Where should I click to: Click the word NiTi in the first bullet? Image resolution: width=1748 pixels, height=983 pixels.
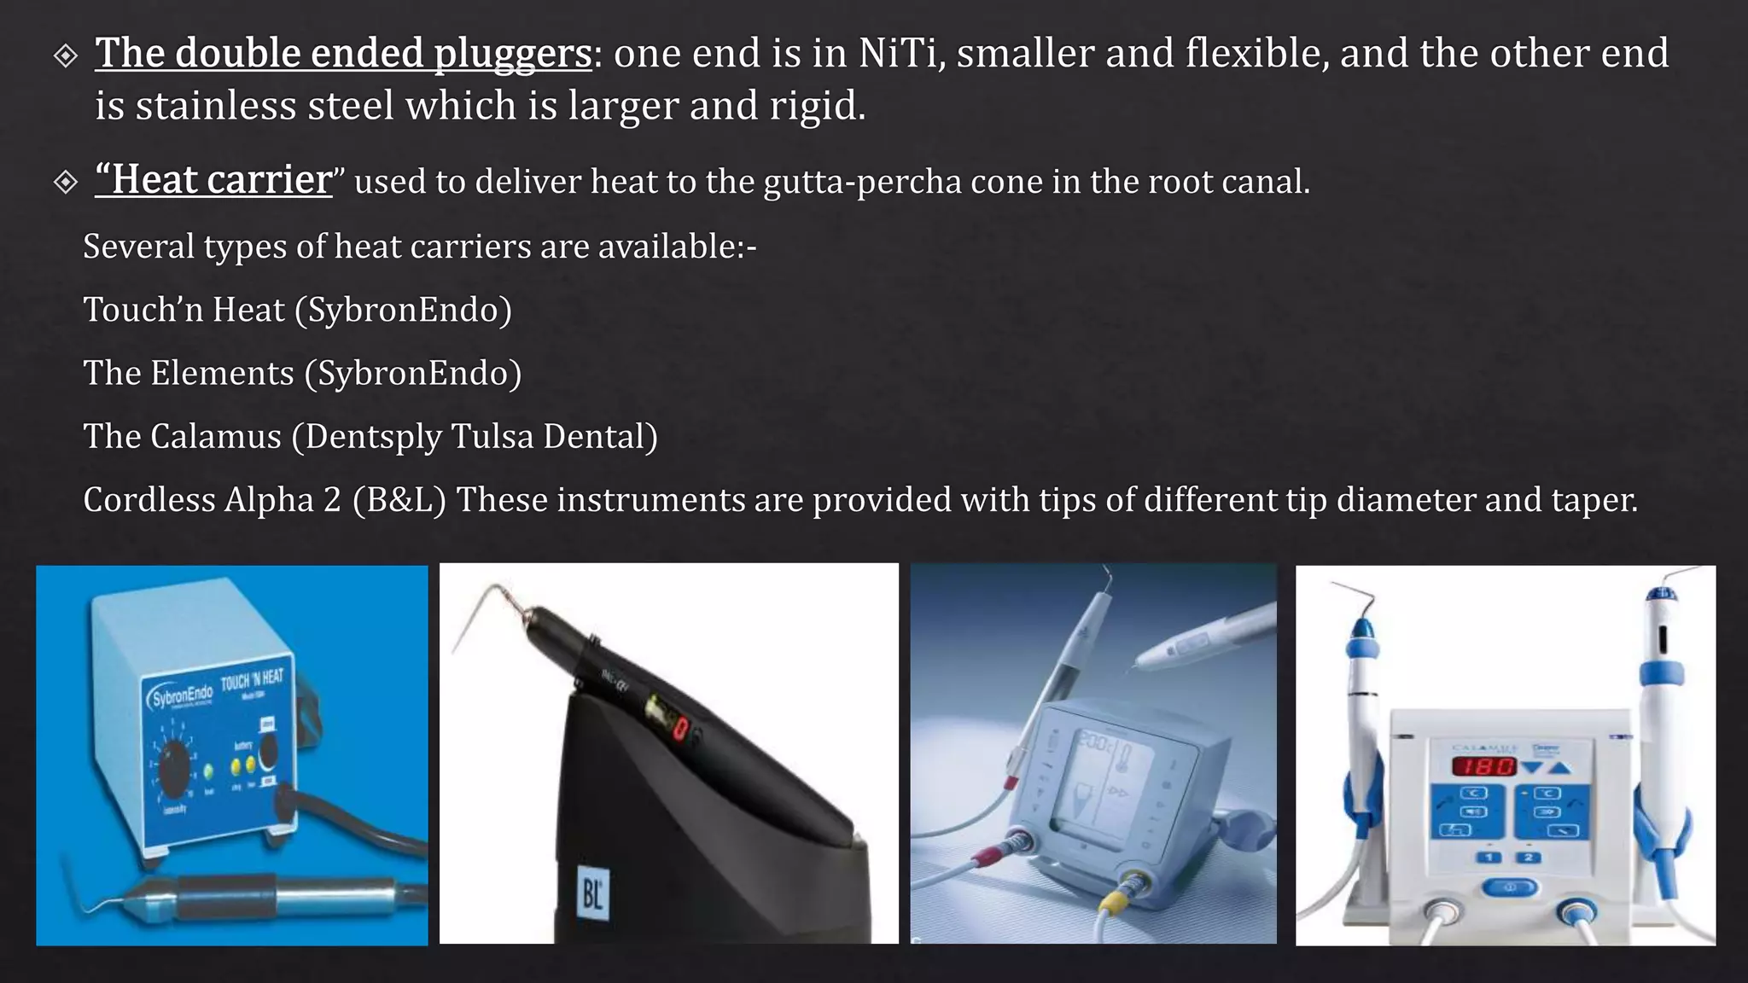pyautogui.click(x=897, y=54)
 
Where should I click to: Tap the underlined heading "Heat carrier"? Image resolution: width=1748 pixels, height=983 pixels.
pyautogui.click(x=213, y=180)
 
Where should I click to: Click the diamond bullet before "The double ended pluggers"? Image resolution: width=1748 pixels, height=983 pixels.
pyautogui.click(x=66, y=56)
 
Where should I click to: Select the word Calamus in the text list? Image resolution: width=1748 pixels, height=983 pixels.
pyautogui.click(x=215, y=437)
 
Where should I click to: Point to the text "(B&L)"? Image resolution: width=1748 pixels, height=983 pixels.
pyautogui.click(x=399, y=500)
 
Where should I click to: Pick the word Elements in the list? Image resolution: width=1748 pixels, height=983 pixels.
pyautogui.click(x=223, y=374)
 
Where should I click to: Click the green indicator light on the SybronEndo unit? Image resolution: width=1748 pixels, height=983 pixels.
pyautogui.click(x=208, y=771)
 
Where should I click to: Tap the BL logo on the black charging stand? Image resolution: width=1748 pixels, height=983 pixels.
pyautogui.click(x=592, y=893)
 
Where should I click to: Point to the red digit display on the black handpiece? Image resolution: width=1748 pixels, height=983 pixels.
pyautogui.click(x=681, y=729)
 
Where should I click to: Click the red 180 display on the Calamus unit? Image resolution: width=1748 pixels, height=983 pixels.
pyautogui.click(x=1484, y=766)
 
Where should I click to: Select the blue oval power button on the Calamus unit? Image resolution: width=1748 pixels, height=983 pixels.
pyautogui.click(x=1508, y=888)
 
